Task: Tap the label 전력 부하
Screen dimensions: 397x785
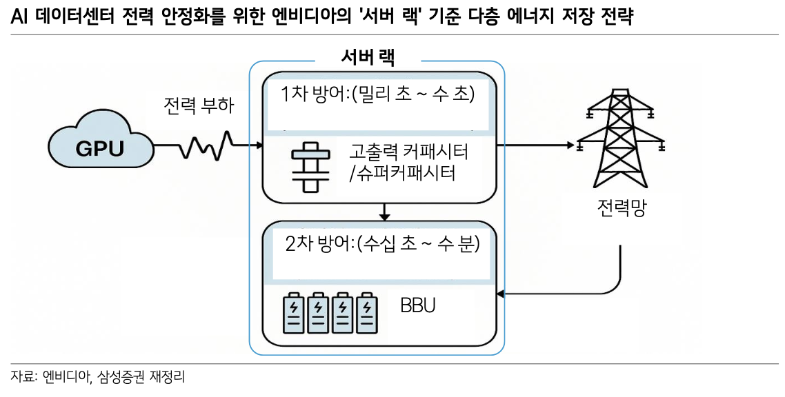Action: tap(199, 106)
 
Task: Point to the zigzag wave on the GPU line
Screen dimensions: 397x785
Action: tap(206, 145)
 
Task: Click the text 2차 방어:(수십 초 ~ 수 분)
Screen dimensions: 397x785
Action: tap(381, 244)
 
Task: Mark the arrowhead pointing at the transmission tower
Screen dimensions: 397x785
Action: tap(570, 145)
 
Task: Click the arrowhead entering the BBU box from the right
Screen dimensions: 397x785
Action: tap(501, 295)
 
